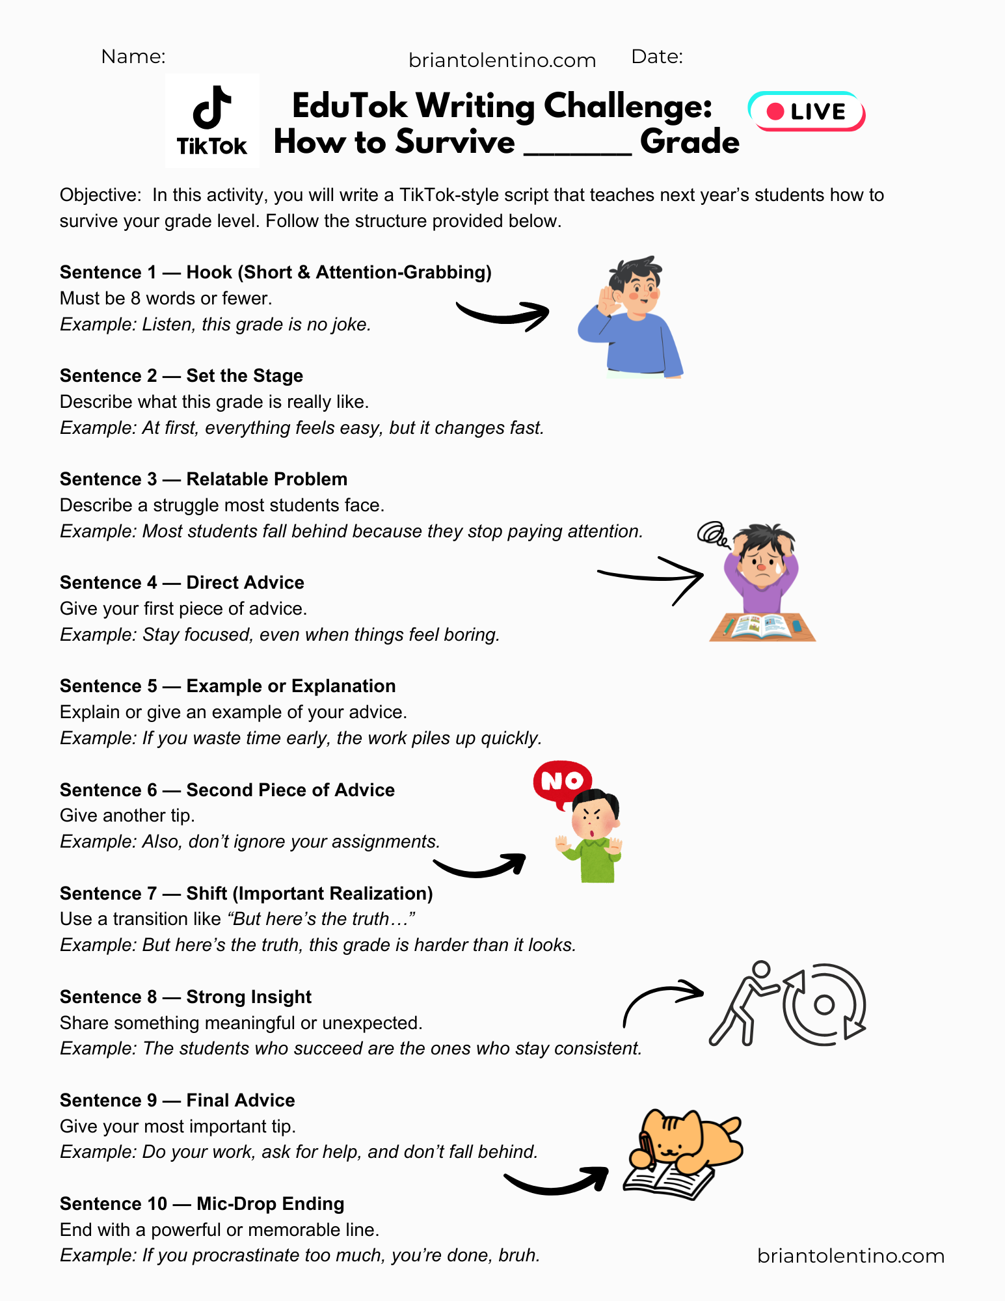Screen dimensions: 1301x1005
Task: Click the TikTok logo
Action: (x=212, y=121)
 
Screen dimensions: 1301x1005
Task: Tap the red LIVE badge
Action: (x=807, y=111)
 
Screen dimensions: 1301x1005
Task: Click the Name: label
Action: (x=133, y=57)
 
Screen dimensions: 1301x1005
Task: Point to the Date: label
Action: (x=657, y=57)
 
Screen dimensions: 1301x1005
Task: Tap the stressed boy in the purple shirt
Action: (x=761, y=566)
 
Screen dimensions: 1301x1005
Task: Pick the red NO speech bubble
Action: (x=562, y=781)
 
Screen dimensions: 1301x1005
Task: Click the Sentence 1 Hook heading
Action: (x=275, y=272)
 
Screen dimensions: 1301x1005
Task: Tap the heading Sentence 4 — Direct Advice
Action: (x=182, y=582)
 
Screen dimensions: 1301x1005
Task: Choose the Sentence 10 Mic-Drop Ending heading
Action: (x=202, y=1203)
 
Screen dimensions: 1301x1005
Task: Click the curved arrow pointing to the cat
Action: (x=556, y=1181)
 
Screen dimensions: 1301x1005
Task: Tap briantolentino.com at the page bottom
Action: (x=851, y=1255)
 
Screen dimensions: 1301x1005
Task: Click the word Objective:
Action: (x=100, y=195)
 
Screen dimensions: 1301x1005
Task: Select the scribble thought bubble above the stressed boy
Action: (x=713, y=534)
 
